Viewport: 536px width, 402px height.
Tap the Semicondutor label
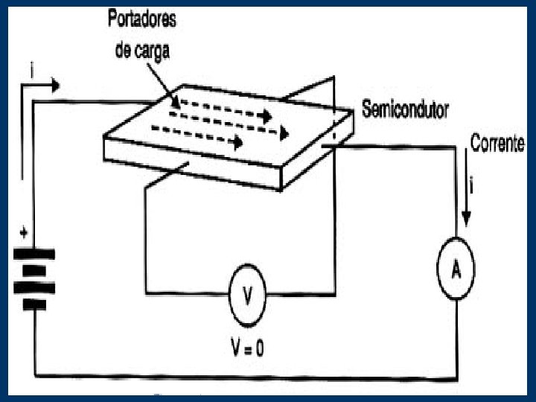[x=405, y=111]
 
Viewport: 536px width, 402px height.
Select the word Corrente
[x=497, y=144]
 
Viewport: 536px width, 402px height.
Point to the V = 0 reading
[x=248, y=346]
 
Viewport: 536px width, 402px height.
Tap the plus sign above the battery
[x=25, y=233]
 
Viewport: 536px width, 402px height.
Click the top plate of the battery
[x=33, y=254]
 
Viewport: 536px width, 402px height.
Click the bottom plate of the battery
[x=33, y=304]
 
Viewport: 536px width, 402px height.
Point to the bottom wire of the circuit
[x=246, y=376]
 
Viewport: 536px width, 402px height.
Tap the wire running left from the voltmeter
[x=186, y=294]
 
